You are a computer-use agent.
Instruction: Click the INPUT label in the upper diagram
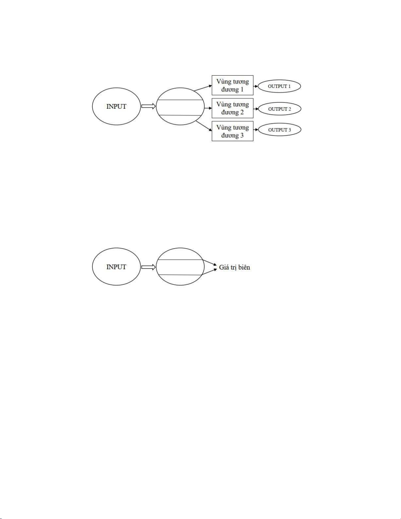(116, 106)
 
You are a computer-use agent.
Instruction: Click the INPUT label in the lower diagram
(116, 267)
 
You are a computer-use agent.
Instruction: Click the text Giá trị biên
(234, 268)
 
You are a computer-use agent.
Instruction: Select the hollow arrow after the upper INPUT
(149, 106)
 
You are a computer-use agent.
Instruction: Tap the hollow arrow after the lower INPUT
(149, 267)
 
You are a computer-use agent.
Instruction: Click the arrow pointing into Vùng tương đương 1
(203, 88)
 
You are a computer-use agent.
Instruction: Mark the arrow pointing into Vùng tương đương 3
(204, 126)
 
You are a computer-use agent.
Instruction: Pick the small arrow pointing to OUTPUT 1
(256, 86)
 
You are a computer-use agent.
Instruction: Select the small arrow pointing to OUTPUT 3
(256, 130)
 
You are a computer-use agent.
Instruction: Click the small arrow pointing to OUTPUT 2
(256, 109)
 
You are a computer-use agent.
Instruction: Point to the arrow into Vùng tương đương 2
(208, 108)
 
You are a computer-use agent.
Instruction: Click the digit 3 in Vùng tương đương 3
(242, 136)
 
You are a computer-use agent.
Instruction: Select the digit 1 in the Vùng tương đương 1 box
(242, 90)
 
